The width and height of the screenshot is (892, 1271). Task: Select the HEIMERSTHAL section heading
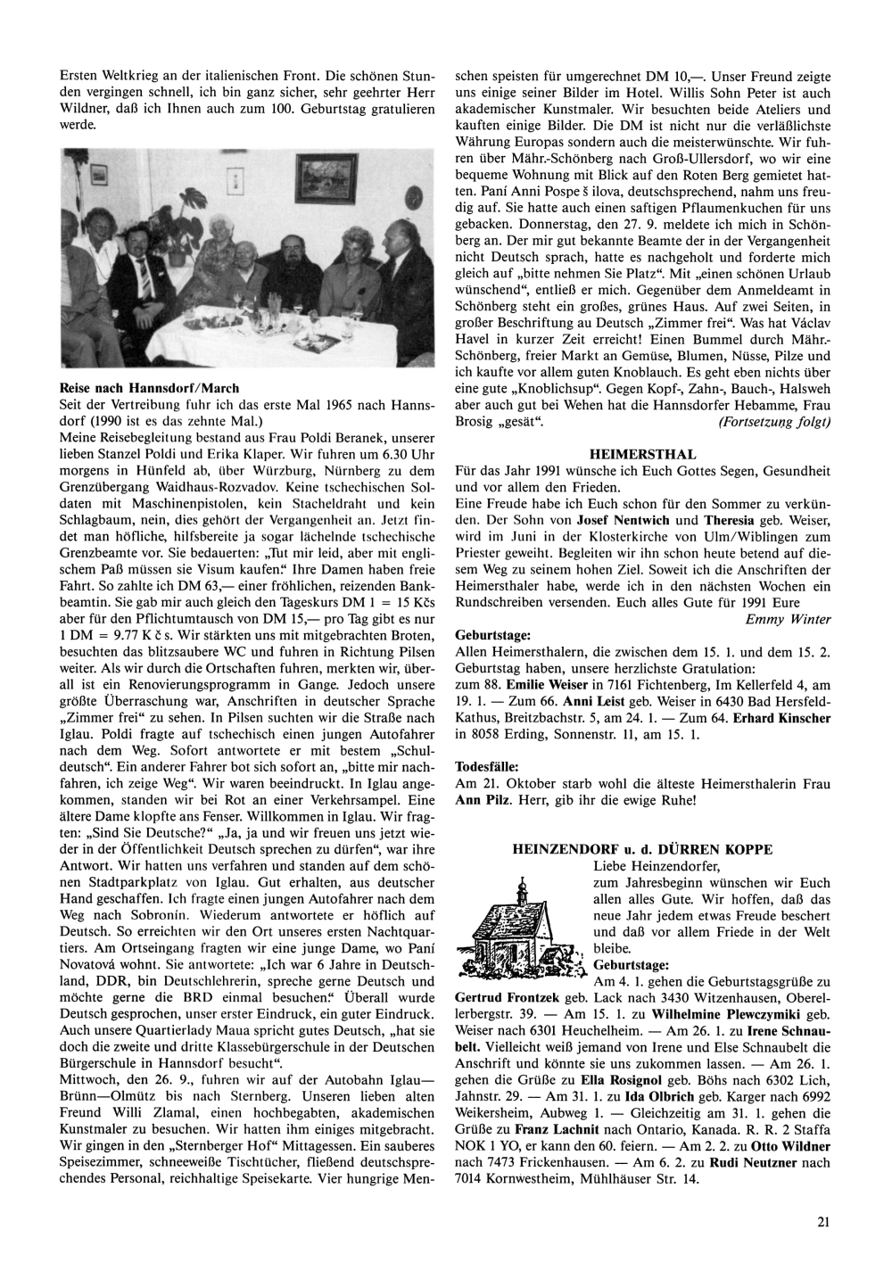click(x=642, y=454)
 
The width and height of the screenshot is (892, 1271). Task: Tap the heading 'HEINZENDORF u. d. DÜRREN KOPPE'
click(x=642, y=850)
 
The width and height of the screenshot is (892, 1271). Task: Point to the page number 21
click(x=822, y=1223)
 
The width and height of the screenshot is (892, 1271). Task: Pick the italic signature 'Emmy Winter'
click(x=788, y=619)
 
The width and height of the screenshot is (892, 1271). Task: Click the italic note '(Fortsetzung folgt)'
click(x=773, y=421)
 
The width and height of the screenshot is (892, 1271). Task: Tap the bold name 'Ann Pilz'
click(x=482, y=800)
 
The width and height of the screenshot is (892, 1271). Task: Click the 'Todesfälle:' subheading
click(x=489, y=766)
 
